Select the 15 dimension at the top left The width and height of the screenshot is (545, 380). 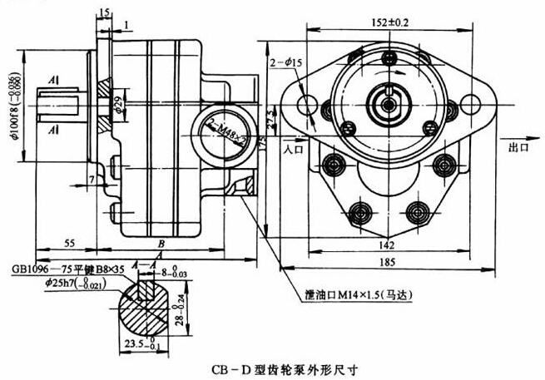103,12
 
